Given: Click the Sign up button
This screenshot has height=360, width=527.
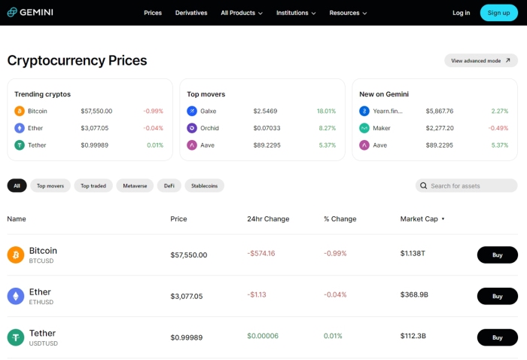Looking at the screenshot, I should click(x=498, y=13).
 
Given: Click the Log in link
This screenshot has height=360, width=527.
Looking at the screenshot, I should click(x=461, y=13).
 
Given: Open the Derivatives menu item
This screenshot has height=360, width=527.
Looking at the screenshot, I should click(x=191, y=13).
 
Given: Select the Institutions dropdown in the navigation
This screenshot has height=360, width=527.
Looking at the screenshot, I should click(x=296, y=13).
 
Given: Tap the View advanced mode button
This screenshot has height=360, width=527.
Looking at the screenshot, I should click(x=480, y=60).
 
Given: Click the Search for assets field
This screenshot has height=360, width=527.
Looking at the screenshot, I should click(x=467, y=185).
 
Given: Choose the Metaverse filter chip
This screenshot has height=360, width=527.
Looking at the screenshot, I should click(x=135, y=185).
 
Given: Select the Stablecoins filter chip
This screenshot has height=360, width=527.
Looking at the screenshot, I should click(x=205, y=185).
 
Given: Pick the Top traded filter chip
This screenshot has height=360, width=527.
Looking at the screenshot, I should click(x=93, y=185).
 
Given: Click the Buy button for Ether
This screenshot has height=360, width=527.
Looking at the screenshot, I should click(x=497, y=296).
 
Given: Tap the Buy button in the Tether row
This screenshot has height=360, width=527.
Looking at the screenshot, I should click(x=497, y=337).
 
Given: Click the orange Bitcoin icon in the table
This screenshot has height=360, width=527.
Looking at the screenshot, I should click(x=16, y=255).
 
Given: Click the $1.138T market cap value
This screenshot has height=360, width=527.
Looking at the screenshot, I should click(x=413, y=255).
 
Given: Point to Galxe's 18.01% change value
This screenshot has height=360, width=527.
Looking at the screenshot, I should click(x=326, y=111).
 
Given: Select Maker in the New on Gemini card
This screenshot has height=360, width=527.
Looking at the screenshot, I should click(x=381, y=128).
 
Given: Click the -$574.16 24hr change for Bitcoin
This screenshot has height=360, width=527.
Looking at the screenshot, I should click(x=261, y=254).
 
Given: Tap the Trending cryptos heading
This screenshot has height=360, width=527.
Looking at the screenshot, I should click(x=42, y=94).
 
